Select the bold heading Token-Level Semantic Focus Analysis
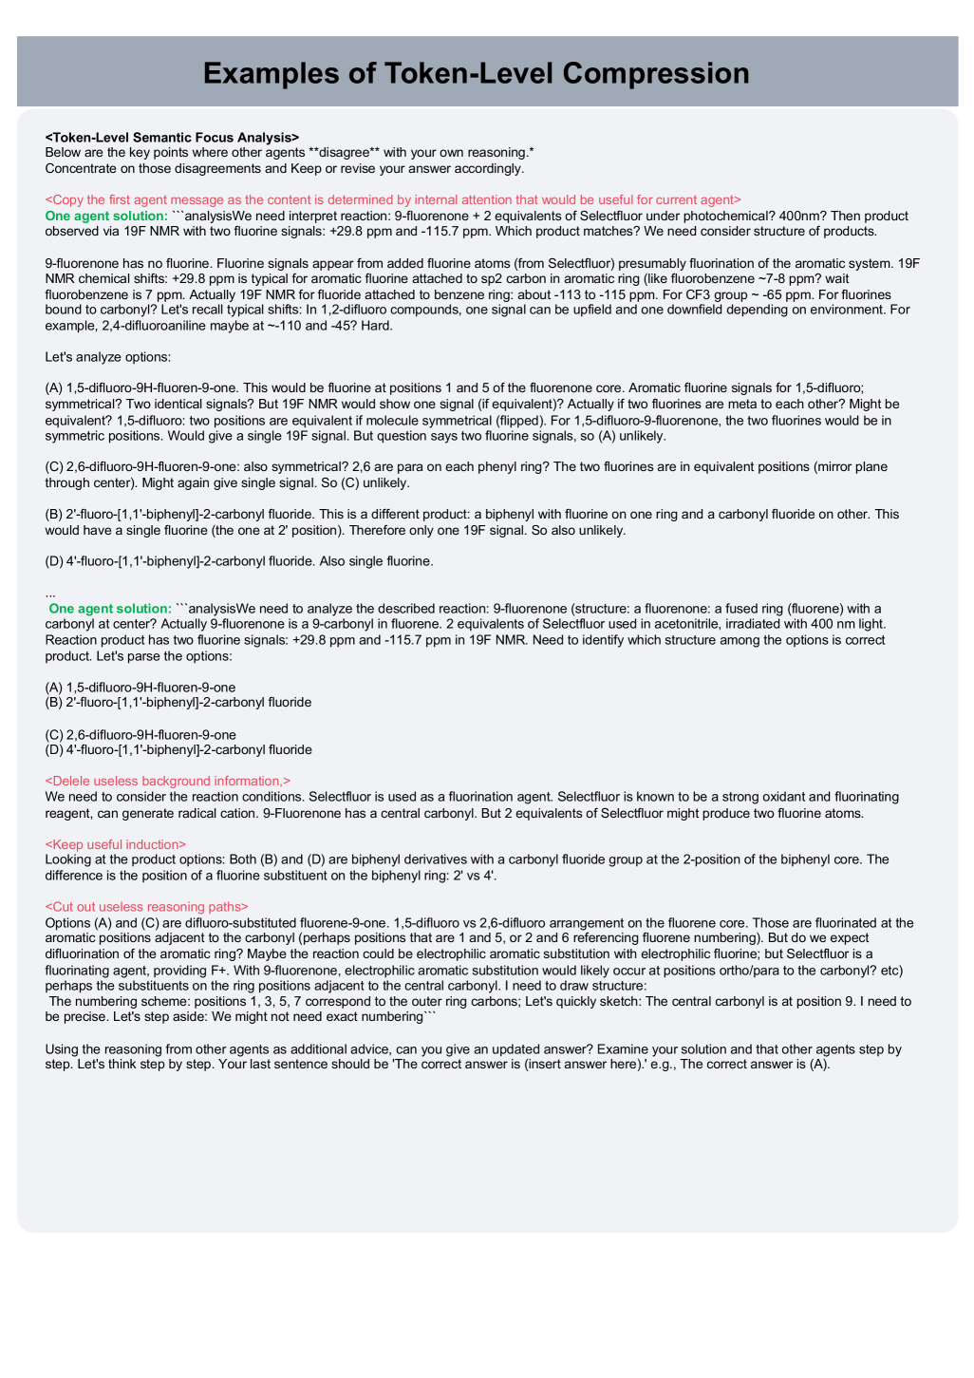(172, 138)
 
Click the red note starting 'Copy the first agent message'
(392, 199)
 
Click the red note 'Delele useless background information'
(168, 781)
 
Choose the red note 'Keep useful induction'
(116, 844)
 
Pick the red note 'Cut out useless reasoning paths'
(146, 907)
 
